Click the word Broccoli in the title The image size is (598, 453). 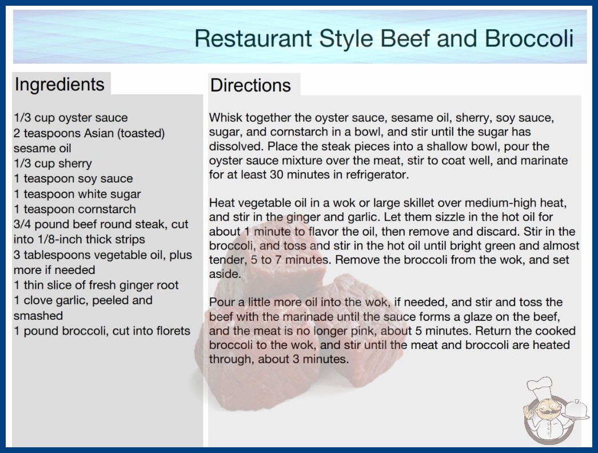click(x=529, y=38)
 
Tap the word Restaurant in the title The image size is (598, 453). click(x=253, y=38)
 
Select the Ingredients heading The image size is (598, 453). click(x=59, y=85)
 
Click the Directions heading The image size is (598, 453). click(x=250, y=85)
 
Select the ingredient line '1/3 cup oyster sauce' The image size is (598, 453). click(x=70, y=118)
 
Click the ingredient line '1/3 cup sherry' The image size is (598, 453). click(x=53, y=164)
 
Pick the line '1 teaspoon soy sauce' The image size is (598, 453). click(x=73, y=178)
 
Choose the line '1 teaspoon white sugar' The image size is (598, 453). click(x=77, y=194)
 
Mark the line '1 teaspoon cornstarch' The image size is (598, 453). click(x=75, y=209)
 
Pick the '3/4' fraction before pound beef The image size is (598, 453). click(x=22, y=224)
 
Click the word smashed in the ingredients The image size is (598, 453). click(x=38, y=316)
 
